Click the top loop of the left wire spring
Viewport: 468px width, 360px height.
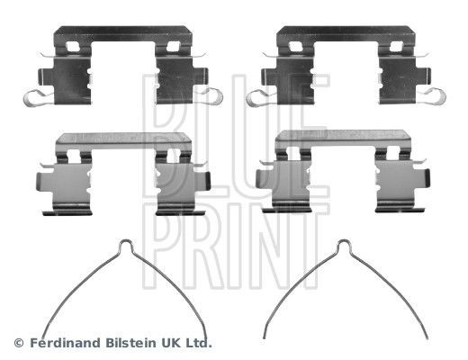pyautogui.click(x=126, y=244)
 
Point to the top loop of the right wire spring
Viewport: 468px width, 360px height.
pyautogui.click(x=344, y=244)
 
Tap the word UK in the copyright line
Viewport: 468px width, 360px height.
pyautogui.click(x=168, y=343)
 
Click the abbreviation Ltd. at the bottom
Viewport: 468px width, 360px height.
pyautogui.click(x=197, y=343)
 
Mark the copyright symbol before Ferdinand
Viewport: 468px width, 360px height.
pyautogui.click(x=17, y=343)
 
